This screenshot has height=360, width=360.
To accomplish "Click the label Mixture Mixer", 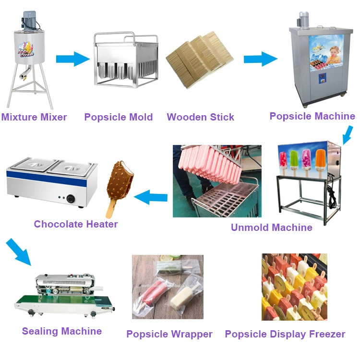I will pos(34,117).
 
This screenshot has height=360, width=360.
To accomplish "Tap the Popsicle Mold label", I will pos(118,117).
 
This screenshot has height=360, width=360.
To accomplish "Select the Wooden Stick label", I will pos(200,117).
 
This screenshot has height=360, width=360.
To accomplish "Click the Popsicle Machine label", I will pos(312,116).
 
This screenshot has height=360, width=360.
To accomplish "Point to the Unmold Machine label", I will pos(271,228).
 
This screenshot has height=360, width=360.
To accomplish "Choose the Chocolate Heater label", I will pos(75,224).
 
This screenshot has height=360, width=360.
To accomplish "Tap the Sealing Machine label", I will pos(61,331).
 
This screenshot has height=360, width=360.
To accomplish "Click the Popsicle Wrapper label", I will pos(169,334).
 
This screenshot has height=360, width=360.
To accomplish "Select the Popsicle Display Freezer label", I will pos(285,334).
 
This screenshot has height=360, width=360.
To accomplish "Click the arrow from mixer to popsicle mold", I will pos(72,59).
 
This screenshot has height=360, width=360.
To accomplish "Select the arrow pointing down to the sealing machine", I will pos(18,252).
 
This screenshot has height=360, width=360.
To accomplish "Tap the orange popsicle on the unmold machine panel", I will pos(320,160).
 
